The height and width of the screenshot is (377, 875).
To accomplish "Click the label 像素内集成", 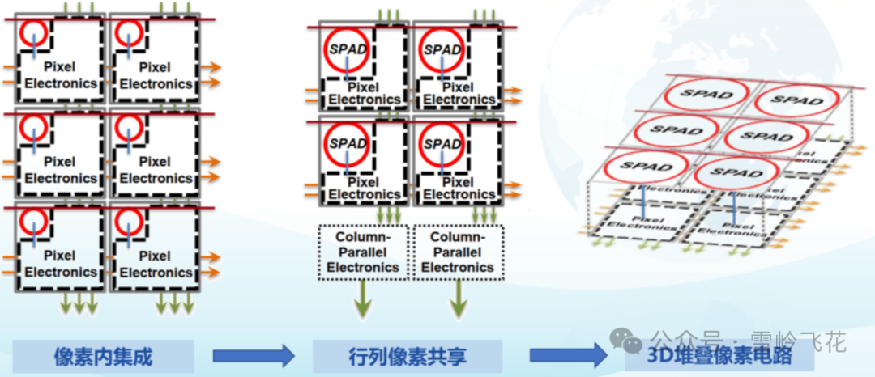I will coord(103,356).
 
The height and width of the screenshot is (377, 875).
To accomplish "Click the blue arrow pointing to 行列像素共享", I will coord(252,355).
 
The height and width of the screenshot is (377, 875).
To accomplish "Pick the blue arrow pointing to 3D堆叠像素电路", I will coord(567,355).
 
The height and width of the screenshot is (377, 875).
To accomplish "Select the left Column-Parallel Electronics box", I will coord(362,252).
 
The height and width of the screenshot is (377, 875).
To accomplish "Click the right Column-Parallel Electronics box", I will coord(458,252).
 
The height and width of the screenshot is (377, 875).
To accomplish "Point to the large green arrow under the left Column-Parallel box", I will coord(362,300).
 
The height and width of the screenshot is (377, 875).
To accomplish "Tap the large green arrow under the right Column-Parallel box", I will coord(459,300).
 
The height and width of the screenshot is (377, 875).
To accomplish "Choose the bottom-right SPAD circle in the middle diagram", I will coord(442,143).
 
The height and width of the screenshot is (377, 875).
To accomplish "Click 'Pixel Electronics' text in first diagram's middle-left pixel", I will coord(61,170).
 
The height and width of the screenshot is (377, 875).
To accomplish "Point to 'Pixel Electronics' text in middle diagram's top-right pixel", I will coord(459,93).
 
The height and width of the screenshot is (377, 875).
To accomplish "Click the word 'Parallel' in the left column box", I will coord(363,252).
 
